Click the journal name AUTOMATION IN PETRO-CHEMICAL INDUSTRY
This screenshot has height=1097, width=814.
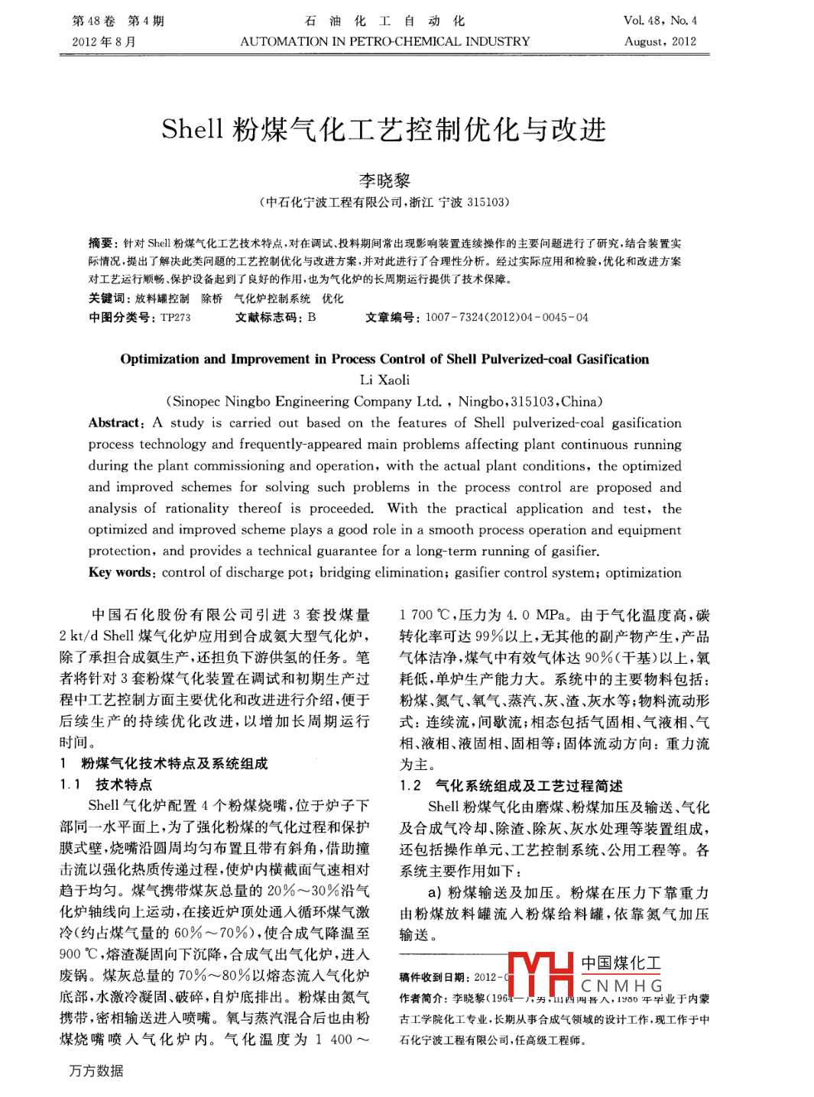(384, 41)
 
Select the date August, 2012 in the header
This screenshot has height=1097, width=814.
(660, 41)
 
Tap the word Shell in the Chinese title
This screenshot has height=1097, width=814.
(192, 130)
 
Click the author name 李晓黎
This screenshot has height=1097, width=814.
(384, 180)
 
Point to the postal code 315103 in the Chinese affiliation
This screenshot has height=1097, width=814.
(487, 202)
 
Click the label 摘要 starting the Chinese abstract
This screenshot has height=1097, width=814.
(102, 243)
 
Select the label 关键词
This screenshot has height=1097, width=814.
(108, 298)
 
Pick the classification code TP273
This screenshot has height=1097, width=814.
(175, 317)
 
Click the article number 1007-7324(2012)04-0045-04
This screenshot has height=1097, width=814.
(507, 317)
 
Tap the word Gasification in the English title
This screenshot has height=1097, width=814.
(612, 359)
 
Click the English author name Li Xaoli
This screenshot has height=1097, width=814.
(384, 380)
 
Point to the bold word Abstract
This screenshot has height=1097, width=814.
(115, 422)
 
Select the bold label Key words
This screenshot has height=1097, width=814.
(121, 572)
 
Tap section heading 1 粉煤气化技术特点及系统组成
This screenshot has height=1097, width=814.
(164, 763)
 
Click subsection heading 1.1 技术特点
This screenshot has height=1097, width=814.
(106, 785)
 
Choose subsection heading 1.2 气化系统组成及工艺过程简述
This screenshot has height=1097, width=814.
(511, 785)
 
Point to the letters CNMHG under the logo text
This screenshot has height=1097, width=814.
(621, 986)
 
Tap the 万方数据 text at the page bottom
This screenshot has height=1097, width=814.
(96, 1071)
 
